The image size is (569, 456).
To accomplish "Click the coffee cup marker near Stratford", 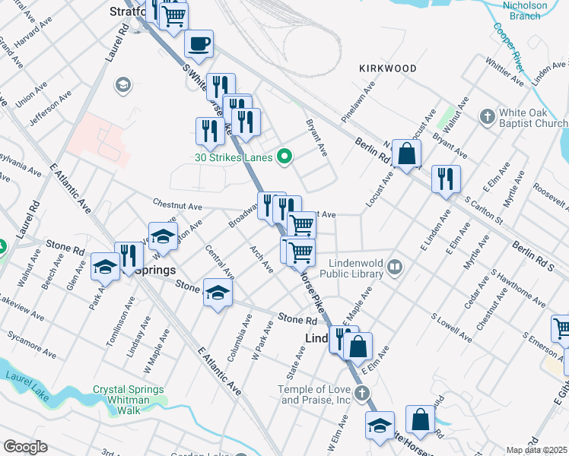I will [199, 44].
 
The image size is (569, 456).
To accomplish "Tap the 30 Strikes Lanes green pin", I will [285, 157].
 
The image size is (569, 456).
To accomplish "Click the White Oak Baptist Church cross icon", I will [487, 117].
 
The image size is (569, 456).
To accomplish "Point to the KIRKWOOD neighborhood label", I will [388, 68].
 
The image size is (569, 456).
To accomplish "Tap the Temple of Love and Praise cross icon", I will [362, 393].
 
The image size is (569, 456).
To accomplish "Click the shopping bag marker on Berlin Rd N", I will [408, 154].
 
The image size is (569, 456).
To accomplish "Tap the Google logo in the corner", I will [25, 446].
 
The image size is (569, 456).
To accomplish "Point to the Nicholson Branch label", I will [525, 10].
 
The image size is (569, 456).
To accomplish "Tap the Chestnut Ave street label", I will [177, 205].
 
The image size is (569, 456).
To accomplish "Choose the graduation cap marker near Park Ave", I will [105, 268].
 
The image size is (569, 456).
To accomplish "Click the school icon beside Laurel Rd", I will [122, 85].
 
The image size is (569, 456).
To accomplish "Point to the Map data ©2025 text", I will [536, 450].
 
